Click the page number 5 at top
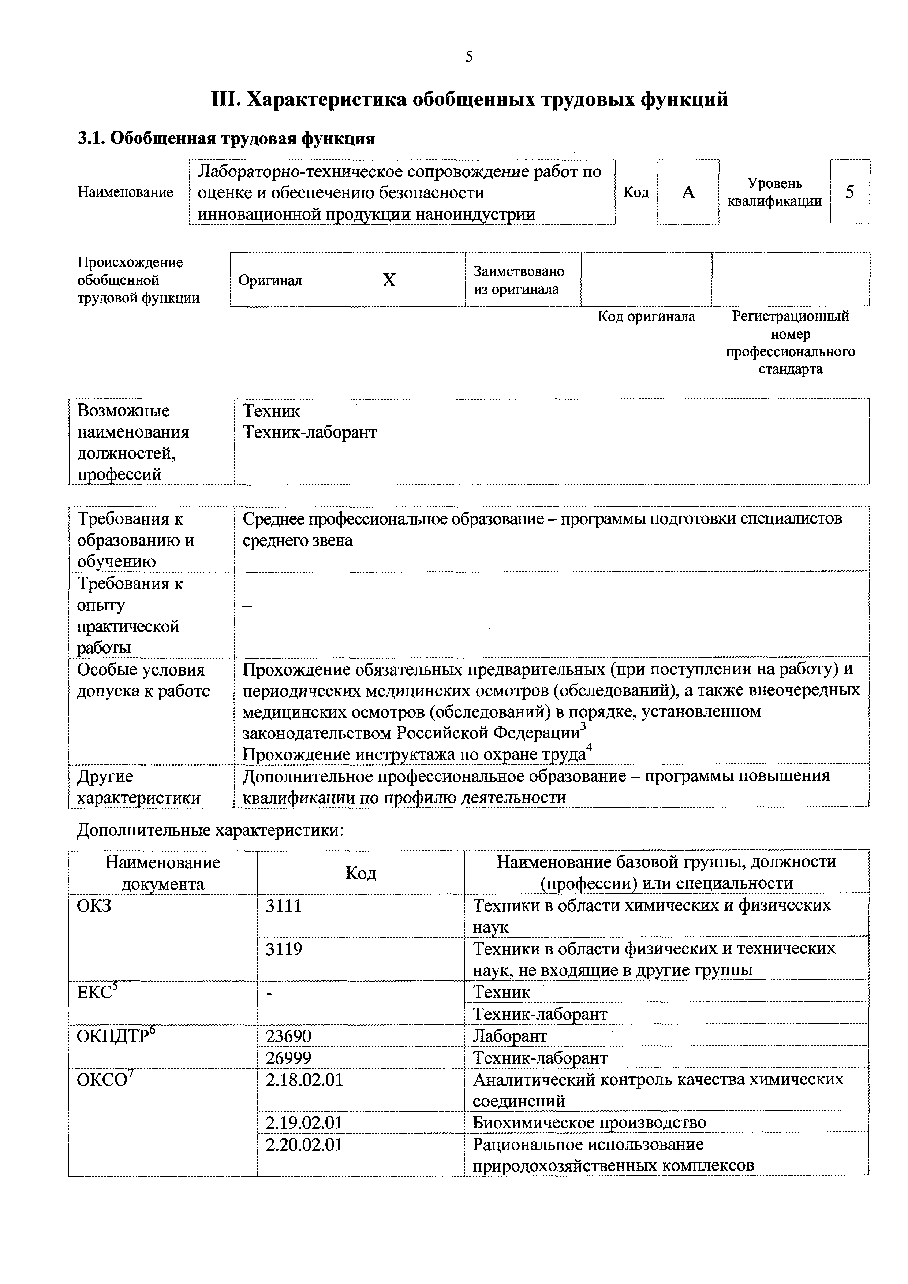click(468, 56)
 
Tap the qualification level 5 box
click(849, 192)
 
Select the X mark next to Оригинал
click(389, 280)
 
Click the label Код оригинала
click(646, 317)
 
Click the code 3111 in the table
click(284, 905)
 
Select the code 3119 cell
click(284, 949)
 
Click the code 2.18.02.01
click(304, 1080)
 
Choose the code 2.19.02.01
click(304, 1123)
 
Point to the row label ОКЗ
click(94, 905)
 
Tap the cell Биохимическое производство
click(589, 1123)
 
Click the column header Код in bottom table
click(360, 873)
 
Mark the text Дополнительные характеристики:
click(210, 830)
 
